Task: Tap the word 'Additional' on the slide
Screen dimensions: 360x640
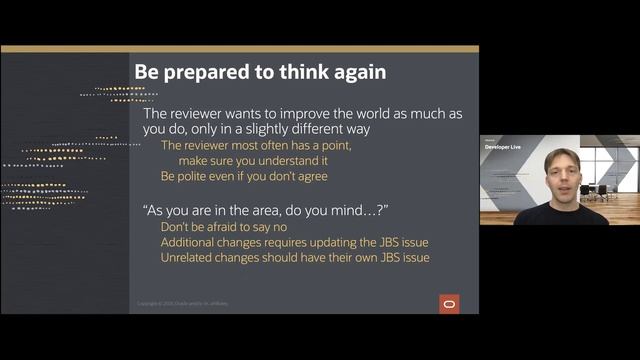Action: click(x=192, y=243)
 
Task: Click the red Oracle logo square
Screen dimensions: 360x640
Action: click(x=449, y=304)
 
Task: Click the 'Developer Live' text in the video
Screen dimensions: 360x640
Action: click(x=505, y=146)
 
